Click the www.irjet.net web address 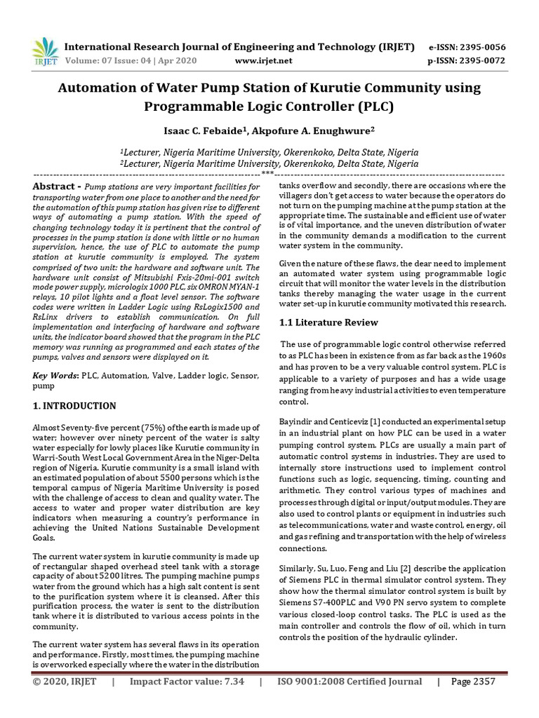[264, 61]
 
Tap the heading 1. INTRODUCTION [75, 406]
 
